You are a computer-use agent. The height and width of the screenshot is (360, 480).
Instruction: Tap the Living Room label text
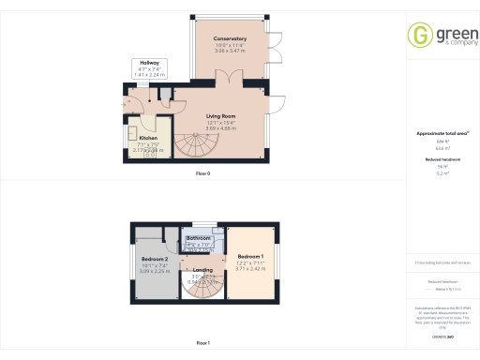point(221,116)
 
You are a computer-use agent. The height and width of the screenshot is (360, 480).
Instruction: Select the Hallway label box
point(144,67)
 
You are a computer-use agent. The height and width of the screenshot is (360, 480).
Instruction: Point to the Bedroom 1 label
point(250,257)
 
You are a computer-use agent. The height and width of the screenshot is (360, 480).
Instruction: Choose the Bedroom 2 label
point(155,259)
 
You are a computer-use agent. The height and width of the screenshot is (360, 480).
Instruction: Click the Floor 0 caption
point(202,174)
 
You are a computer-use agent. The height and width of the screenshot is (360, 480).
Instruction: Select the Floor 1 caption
point(202,343)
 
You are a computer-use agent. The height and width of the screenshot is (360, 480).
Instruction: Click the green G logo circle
point(419,35)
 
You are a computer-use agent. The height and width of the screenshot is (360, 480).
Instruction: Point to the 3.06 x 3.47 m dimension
point(230,51)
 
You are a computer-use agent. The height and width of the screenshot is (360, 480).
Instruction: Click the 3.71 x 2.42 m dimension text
point(250,269)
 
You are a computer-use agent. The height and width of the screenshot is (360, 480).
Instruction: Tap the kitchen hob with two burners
point(149,156)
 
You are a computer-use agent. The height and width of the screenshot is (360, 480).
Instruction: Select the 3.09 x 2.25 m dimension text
point(155,271)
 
